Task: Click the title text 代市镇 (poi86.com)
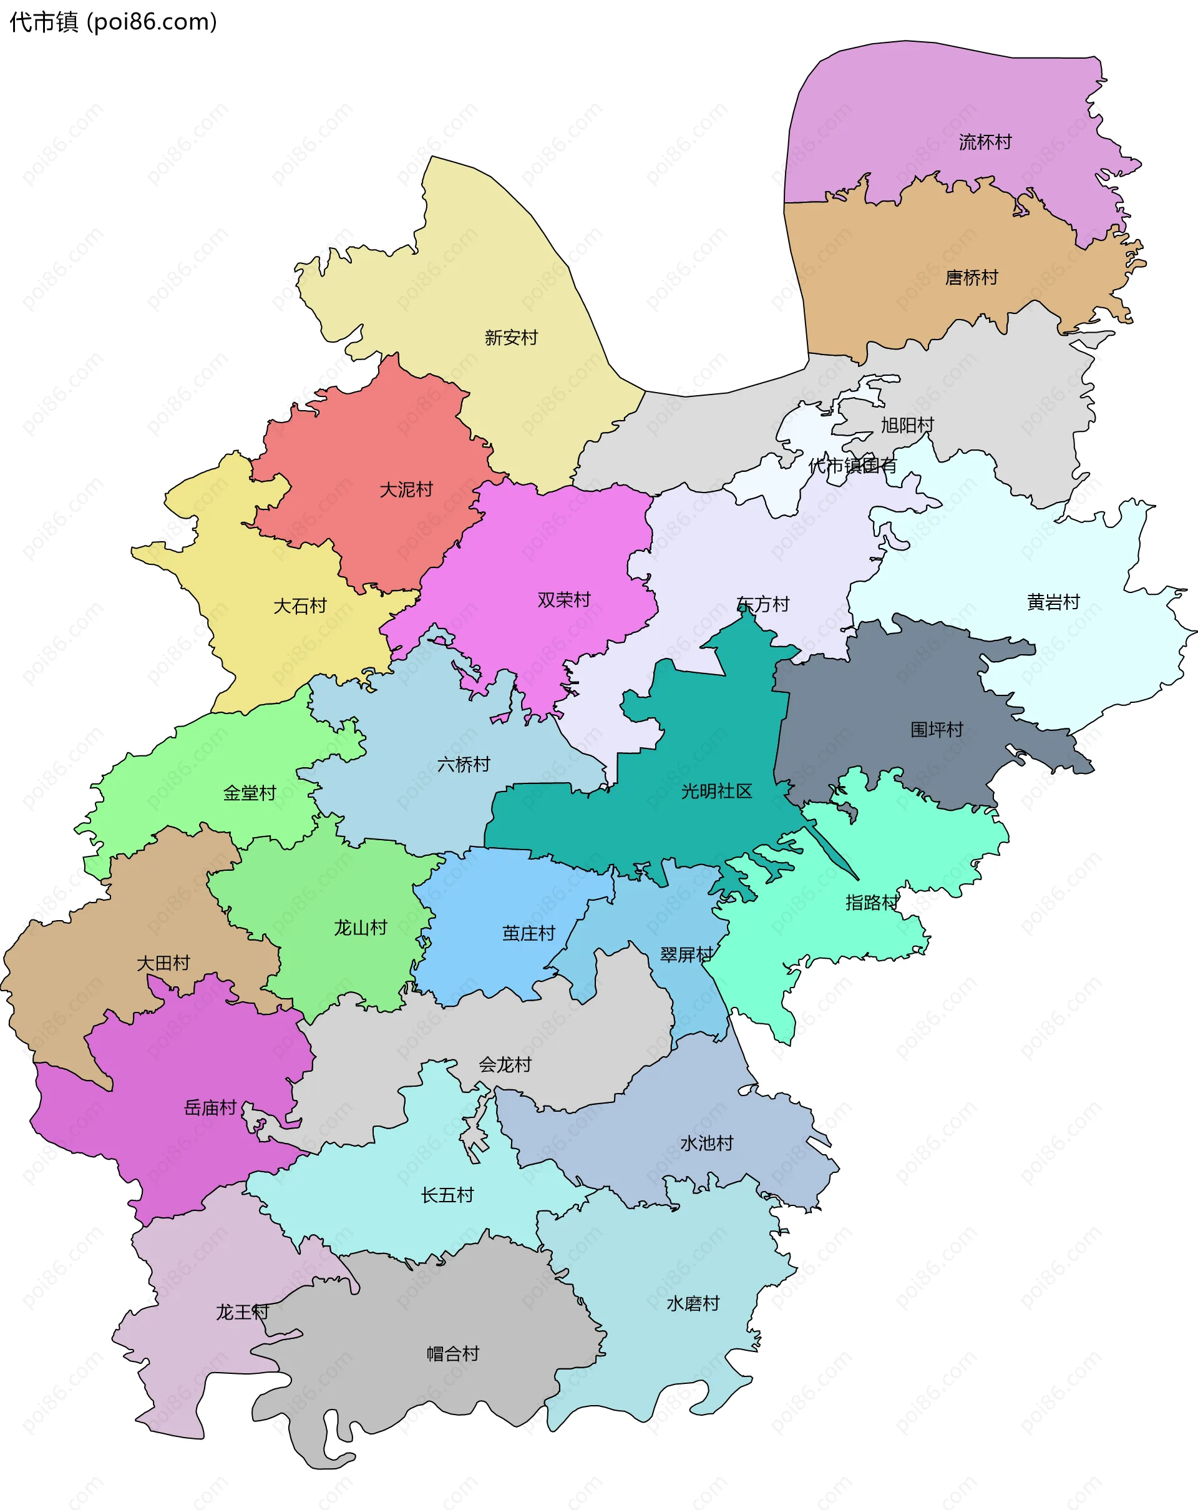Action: (114, 22)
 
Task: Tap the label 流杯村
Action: (985, 142)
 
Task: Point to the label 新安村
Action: (511, 338)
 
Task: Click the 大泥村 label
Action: (406, 489)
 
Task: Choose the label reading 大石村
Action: (299, 606)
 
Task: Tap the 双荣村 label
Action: (563, 601)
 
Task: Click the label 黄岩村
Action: (1053, 602)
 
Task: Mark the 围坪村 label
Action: (937, 730)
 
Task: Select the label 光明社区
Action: (716, 792)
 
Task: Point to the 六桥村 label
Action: (464, 764)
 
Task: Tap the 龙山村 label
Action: (361, 928)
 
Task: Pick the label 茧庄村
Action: (528, 934)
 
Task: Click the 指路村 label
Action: (872, 903)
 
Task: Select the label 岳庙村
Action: (210, 1107)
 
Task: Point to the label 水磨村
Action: (693, 1303)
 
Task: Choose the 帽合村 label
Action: (453, 1354)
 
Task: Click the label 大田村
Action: (163, 963)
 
